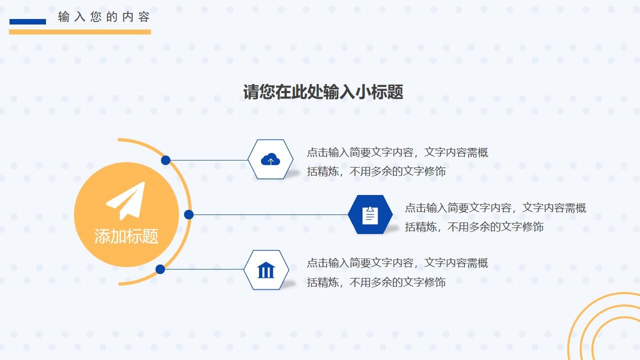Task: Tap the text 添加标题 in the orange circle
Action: (x=126, y=236)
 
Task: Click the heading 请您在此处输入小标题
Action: (x=323, y=92)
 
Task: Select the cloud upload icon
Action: (x=270, y=159)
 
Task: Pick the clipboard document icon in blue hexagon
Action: (x=370, y=215)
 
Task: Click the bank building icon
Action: (x=266, y=270)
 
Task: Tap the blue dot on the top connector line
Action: (x=165, y=160)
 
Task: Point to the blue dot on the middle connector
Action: (x=188, y=214)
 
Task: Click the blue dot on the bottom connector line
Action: (x=160, y=269)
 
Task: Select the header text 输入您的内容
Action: (x=104, y=17)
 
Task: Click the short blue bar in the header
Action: (x=27, y=21)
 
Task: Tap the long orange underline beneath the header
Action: (x=80, y=32)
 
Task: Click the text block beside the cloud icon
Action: (x=397, y=162)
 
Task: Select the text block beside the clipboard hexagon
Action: (x=495, y=217)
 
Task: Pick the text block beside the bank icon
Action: (x=397, y=272)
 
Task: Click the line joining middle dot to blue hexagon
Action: (x=270, y=214)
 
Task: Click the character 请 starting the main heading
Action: (x=251, y=92)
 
